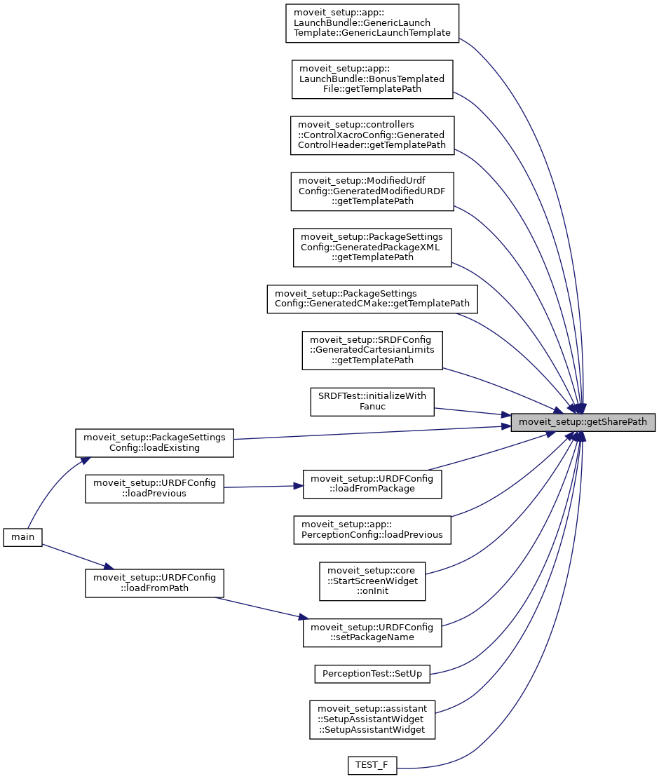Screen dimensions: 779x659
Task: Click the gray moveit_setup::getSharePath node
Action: pos(583,423)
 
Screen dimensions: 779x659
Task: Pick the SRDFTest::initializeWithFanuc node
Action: pos(372,401)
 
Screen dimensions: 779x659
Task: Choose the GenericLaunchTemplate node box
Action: pos(372,23)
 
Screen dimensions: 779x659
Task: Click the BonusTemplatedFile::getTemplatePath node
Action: pos(372,79)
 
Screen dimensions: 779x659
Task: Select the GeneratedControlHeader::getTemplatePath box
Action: pos(372,135)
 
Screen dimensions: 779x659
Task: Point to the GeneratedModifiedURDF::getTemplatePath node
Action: pos(372,191)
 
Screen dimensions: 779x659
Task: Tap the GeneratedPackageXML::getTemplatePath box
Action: pos(372,248)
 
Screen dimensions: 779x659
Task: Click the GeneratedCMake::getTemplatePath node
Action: pos(372,299)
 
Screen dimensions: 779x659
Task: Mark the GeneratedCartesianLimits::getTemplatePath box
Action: pos(372,350)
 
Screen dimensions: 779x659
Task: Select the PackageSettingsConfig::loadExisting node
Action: pos(154,442)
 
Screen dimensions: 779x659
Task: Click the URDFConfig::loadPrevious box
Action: pos(154,488)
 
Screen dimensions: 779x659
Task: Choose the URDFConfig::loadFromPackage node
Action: pos(372,483)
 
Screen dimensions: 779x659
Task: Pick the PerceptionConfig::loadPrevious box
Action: pos(372,529)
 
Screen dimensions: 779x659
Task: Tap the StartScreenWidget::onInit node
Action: pos(372,580)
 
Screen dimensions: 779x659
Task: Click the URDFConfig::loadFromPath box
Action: pos(154,583)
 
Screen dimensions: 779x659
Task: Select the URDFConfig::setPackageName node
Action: pos(372,632)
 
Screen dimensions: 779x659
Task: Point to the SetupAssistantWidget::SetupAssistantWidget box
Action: pos(372,719)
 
